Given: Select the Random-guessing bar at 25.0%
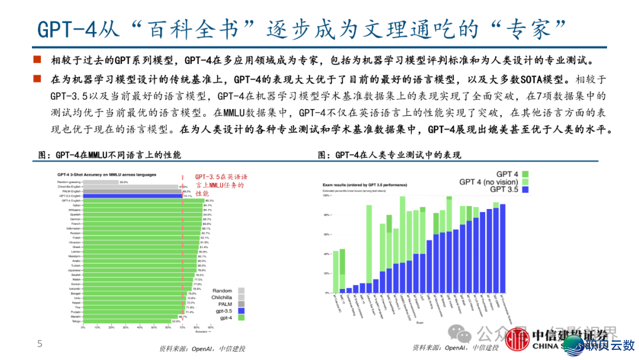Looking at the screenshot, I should (98, 182).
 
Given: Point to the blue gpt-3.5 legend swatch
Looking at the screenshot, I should (241, 310).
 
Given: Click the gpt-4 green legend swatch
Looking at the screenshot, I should (241, 318).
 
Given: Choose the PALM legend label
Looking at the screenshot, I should (224, 304).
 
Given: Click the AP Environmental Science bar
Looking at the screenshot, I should (502, 249).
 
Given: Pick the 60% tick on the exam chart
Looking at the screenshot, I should (326, 235).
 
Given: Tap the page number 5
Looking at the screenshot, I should (40, 344).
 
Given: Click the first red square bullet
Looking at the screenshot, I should (37, 60).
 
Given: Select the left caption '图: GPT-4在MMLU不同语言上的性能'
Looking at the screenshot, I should (109, 155).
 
